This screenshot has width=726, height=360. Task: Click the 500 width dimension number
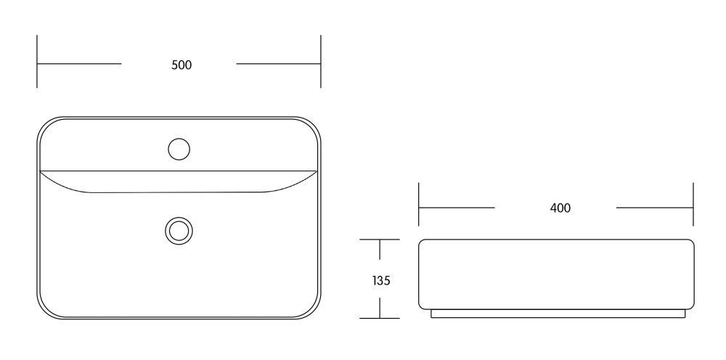click(x=181, y=65)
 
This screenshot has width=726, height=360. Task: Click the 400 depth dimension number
click(x=560, y=208)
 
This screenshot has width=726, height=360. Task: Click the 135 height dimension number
click(x=381, y=280)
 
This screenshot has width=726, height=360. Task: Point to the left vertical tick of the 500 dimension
click(x=37, y=61)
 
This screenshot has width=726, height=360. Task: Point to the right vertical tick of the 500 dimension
click(x=320, y=61)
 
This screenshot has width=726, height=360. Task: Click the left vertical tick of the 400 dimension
click(x=419, y=204)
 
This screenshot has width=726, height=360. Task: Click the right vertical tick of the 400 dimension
click(x=693, y=204)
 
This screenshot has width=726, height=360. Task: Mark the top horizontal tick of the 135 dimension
click(x=379, y=240)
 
